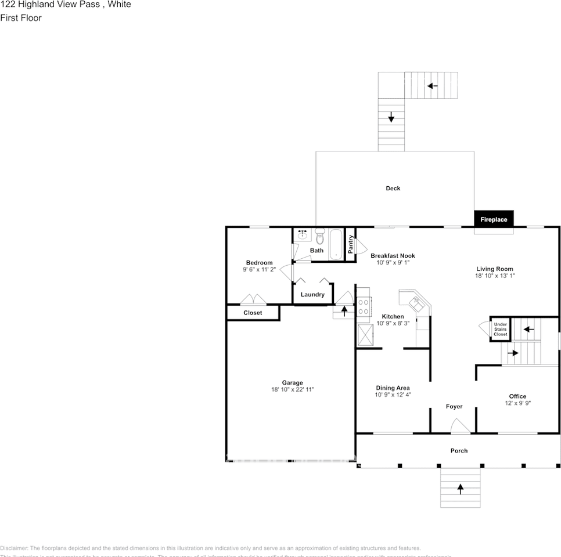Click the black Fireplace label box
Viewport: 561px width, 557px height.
pos(494,219)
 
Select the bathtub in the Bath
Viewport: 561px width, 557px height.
pos(336,245)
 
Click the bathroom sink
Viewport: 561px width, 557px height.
pos(302,234)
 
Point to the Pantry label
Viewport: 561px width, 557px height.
pos(351,244)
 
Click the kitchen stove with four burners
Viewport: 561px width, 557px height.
pos(364,306)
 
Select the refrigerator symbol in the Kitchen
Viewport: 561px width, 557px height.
pos(365,335)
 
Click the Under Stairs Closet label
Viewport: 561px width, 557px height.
pos(500,330)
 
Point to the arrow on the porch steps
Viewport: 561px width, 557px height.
pos(461,489)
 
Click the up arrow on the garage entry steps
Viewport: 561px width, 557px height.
pos(344,310)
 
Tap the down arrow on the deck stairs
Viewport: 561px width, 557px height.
pos(391,118)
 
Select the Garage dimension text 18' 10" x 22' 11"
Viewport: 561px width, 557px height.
pos(293,390)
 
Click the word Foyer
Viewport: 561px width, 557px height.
pos(454,406)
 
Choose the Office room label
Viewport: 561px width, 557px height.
pos(517,396)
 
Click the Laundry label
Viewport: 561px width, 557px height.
pos(312,295)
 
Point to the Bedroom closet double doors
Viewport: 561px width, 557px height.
pos(254,300)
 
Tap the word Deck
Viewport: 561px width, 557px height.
pos(393,188)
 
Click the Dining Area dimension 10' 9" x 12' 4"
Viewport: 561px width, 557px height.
pos(393,395)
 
